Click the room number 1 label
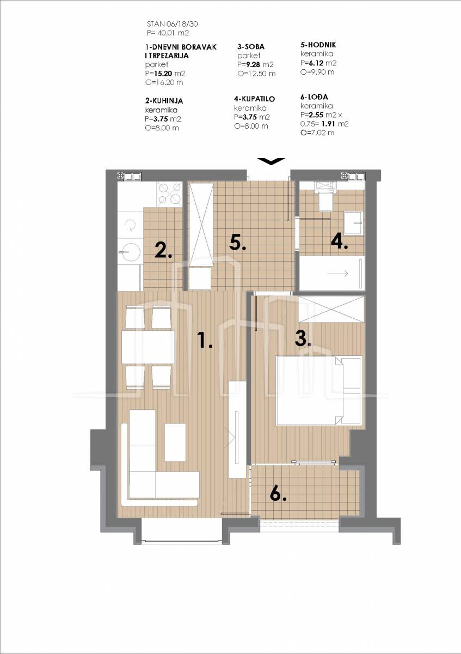[205, 340]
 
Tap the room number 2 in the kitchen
[163, 250]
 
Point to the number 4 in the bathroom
[340, 241]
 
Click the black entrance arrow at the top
[271, 161]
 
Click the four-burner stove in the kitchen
[169, 193]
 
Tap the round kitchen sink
[130, 252]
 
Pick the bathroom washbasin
[353, 223]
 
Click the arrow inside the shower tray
[337, 274]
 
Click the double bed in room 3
[319, 390]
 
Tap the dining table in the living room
[148, 347]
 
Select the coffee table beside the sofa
[175, 443]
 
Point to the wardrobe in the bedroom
[331, 309]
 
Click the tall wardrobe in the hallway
[201, 223]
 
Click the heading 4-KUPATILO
[254, 99]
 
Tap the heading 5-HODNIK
[318, 45]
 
